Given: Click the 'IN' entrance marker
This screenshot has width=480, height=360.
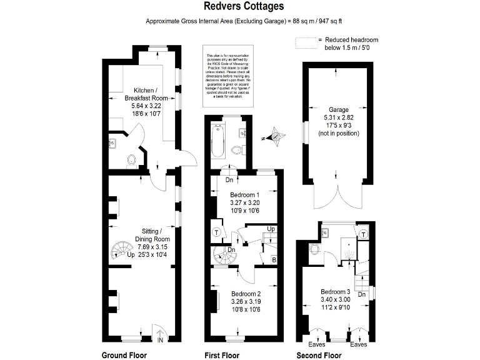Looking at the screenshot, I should pyautogui.click(x=160, y=340).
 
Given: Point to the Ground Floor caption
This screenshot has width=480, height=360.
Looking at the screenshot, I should pyautogui.click(x=124, y=355).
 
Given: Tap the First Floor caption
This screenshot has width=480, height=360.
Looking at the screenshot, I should pyautogui.click(x=222, y=355).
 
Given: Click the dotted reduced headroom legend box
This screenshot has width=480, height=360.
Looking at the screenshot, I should pyautogui.click(x=306, y=42).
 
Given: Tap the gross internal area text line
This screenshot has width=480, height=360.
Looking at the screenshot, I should pyautogui.click(x=240, y=21).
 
